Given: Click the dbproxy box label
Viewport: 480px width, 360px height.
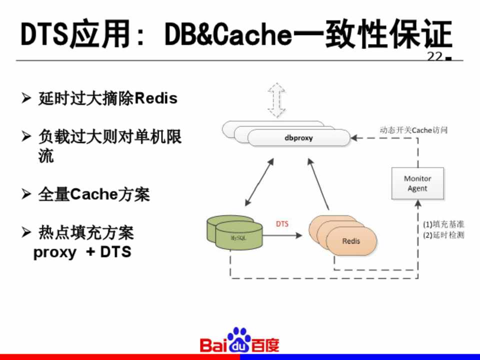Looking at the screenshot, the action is pos(298,138).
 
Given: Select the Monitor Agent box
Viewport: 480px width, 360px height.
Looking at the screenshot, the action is pos(417,183).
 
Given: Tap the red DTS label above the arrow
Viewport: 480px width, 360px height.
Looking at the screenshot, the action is pos(282,224).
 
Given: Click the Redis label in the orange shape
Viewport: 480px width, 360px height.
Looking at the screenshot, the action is pos(351,241).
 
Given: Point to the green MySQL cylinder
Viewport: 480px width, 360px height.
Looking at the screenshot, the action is pos(235,232).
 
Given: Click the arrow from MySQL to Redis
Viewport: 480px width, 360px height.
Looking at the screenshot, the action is pos(282,235).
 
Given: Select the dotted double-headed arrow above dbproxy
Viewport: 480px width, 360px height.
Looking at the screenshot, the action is pos(276,100).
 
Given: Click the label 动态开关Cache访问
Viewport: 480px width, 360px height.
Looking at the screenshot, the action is pos(413,130).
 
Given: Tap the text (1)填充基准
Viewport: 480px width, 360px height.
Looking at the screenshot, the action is pos(443,224).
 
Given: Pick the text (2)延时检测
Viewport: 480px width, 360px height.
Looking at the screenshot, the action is pos(443,235).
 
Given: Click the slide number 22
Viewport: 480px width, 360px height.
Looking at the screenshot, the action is pos(435,56).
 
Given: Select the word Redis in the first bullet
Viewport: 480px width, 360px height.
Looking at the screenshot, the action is pos(156,98).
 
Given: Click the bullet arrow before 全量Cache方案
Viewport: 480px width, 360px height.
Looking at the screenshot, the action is pos(26,194).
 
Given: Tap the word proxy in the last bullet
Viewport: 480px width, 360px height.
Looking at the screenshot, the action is pos(55,252).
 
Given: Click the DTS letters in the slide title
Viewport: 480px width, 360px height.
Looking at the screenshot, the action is pos(44,34).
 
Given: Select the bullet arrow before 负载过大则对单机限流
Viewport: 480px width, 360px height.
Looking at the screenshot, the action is pos(26,136).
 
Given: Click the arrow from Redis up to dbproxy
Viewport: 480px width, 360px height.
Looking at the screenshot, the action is pos(318,184).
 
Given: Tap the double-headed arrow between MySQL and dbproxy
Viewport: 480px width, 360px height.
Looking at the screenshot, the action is pos(259,182).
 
